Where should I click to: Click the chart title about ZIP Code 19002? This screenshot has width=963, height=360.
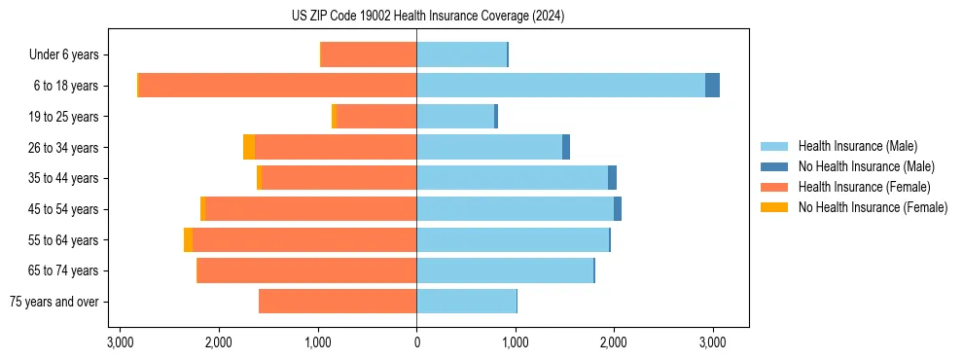point(427,17)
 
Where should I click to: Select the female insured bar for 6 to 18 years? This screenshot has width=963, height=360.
point(277,86)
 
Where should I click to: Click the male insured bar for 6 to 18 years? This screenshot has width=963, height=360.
point(560,86)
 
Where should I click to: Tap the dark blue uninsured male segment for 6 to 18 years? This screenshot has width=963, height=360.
point(712,86)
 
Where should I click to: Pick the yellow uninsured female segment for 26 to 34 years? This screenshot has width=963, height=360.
point(249,147)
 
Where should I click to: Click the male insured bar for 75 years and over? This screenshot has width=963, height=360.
point(466,302)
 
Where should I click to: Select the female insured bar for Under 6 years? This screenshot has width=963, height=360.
point(369,54)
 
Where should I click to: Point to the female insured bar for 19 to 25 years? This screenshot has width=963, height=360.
point(375,117)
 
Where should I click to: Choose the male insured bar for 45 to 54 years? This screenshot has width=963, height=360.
point(515,209)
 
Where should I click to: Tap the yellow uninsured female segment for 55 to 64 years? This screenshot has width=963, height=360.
point(188,240)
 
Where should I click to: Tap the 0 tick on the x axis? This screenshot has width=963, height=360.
point(416,342)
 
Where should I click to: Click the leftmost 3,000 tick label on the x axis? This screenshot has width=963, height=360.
point(120,342)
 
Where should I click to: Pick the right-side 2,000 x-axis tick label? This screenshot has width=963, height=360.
point(614,342)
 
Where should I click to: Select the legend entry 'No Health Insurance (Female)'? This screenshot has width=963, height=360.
point(873,207)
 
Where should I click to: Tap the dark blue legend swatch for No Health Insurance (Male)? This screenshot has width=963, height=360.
point(774,166)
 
